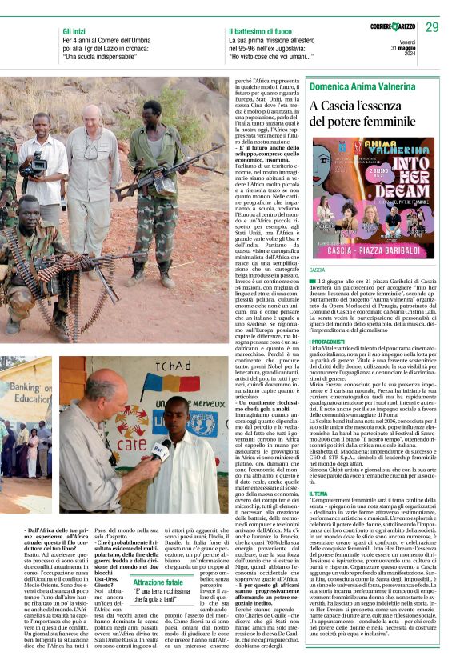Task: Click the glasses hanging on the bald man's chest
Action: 91,152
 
